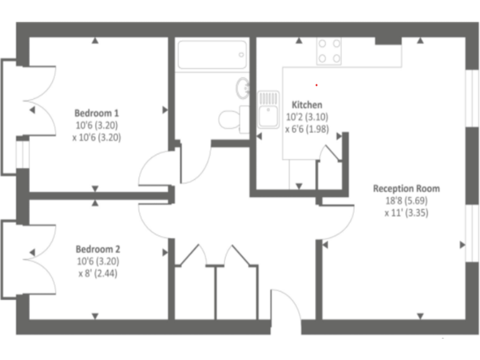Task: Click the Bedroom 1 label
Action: (96, 113)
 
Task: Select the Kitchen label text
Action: (307, 105)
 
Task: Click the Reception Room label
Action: (406, 188)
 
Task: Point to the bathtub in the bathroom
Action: (212, 55)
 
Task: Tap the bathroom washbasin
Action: (242, 88)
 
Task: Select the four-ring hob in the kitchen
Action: (329, 51)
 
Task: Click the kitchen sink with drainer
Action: (268, 109)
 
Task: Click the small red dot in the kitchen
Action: (316, 84)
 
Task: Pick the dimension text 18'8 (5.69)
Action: (406, 201)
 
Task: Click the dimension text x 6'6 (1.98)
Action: (307, 129)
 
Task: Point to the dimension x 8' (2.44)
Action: (97, 273)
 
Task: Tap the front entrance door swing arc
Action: (286, 306)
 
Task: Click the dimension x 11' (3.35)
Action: (406, 213)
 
